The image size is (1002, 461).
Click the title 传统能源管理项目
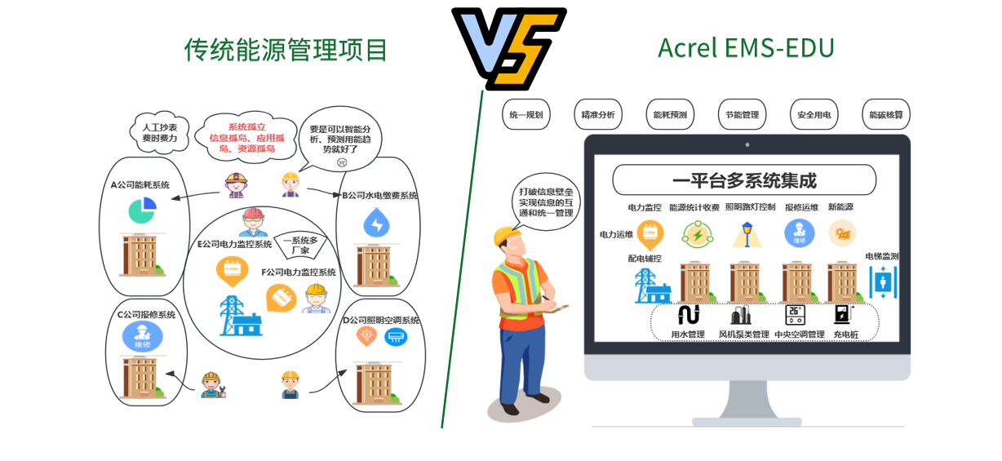[286, 51]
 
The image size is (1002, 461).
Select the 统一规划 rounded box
[525, 115]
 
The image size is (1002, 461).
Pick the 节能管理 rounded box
[742, 115]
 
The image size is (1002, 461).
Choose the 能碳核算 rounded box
[885, 115]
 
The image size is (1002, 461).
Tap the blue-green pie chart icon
[142, 210]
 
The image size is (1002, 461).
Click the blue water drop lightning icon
[376, 223]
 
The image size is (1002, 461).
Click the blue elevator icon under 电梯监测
[883, 281]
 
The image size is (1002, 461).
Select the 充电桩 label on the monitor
[845, 335]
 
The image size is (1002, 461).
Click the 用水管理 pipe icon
[688, 315]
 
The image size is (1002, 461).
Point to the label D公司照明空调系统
[380, 321]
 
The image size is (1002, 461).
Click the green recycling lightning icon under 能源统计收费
[697, 235]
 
